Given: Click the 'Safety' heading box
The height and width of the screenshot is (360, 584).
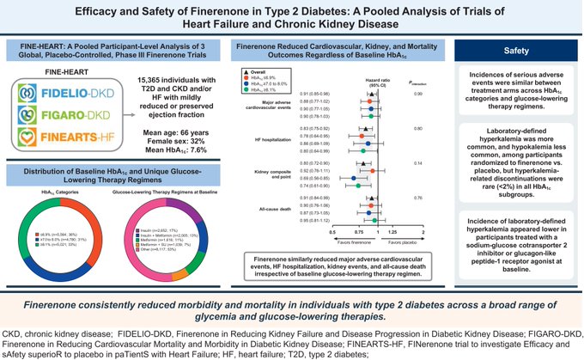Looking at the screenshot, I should point(516,50).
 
